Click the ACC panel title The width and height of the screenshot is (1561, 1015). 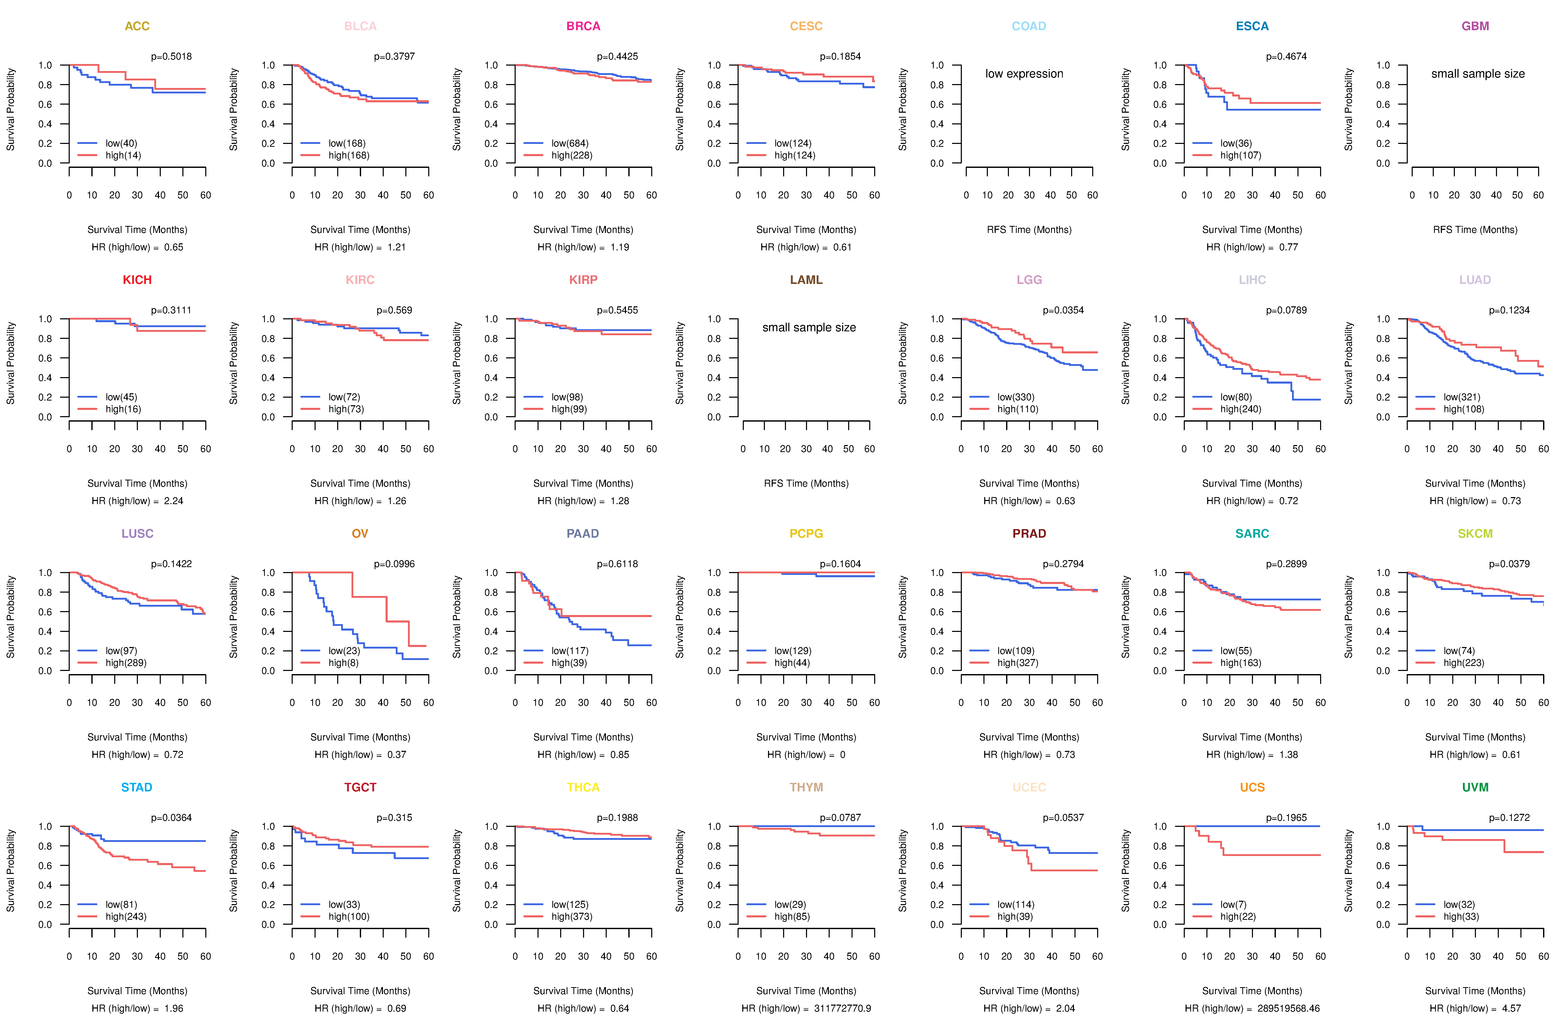tap(137, 26)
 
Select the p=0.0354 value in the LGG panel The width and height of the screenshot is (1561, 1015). tap(1063, 310)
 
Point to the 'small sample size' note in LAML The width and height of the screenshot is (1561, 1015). tap(809, 327)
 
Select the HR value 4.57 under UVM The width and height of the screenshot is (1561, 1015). tap(1511, 1008)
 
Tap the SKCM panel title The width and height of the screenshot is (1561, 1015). tap(1475, 534)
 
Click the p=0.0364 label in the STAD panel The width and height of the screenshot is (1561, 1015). tap(171, 817)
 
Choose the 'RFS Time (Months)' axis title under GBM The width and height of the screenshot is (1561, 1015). tap(1475, 230)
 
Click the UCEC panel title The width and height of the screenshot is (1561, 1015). tap(1029, 787)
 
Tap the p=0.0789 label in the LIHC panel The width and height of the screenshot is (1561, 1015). tap(1286, 310)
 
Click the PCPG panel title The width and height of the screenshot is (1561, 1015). tap(806, 534)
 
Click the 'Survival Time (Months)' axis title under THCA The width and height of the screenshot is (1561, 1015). tap(583, 991)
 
